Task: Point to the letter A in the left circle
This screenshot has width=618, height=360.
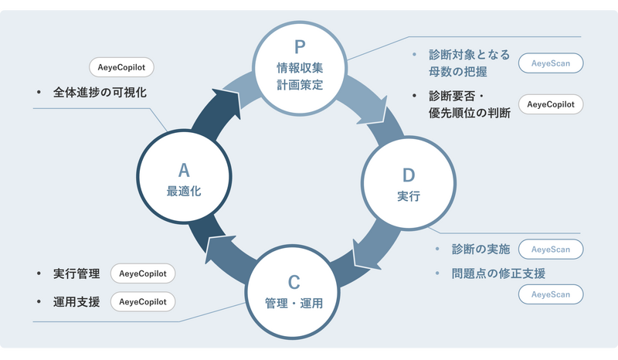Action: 184,170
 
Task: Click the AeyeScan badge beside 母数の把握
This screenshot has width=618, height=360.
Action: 550,63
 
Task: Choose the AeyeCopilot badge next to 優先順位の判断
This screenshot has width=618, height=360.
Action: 550,104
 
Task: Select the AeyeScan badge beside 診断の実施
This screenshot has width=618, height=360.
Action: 550,250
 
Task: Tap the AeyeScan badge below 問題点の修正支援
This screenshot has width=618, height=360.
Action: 550,294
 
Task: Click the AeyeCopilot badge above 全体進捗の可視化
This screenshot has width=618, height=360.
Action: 121,66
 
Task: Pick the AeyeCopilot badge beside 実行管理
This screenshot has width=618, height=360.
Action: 143,273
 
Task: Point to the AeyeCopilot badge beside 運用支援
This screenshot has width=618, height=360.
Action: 143,301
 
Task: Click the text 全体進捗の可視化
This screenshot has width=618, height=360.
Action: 100,93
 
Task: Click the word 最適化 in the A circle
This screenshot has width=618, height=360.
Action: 184,191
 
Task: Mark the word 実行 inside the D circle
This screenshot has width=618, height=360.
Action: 408,196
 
